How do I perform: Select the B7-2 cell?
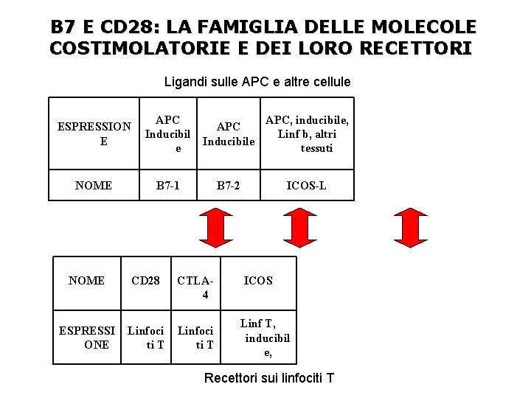coord(228,186)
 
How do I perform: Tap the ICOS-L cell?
coord(307,186)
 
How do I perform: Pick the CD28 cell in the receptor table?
coord(145,280)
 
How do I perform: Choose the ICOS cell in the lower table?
coord(258,280)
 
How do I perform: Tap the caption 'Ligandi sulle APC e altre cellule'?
coord(257,82)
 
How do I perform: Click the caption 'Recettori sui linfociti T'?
coord(268,378)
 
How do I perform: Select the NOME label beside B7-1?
coord(94,186)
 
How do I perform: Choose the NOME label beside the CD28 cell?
coord(86,280)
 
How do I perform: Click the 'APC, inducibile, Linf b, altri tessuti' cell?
coord(307,134)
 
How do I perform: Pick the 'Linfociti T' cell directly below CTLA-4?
coord(196,338)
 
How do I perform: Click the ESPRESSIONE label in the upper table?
coord(94,134)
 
